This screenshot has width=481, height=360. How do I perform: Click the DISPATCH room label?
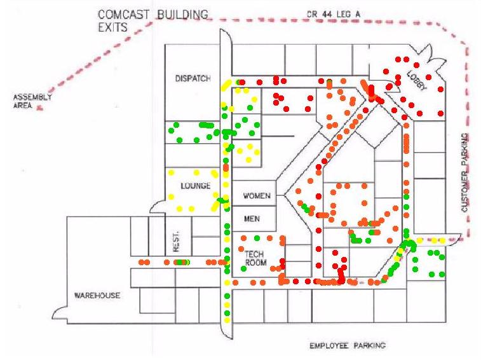[x=193, y=79]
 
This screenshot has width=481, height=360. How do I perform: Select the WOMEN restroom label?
[x=257, y=195]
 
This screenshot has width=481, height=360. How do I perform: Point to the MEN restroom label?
[x=252, y=218]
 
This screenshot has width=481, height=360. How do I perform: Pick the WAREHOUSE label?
[x=97, y=296]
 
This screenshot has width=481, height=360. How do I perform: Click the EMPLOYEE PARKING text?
[x=347, y=346]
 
